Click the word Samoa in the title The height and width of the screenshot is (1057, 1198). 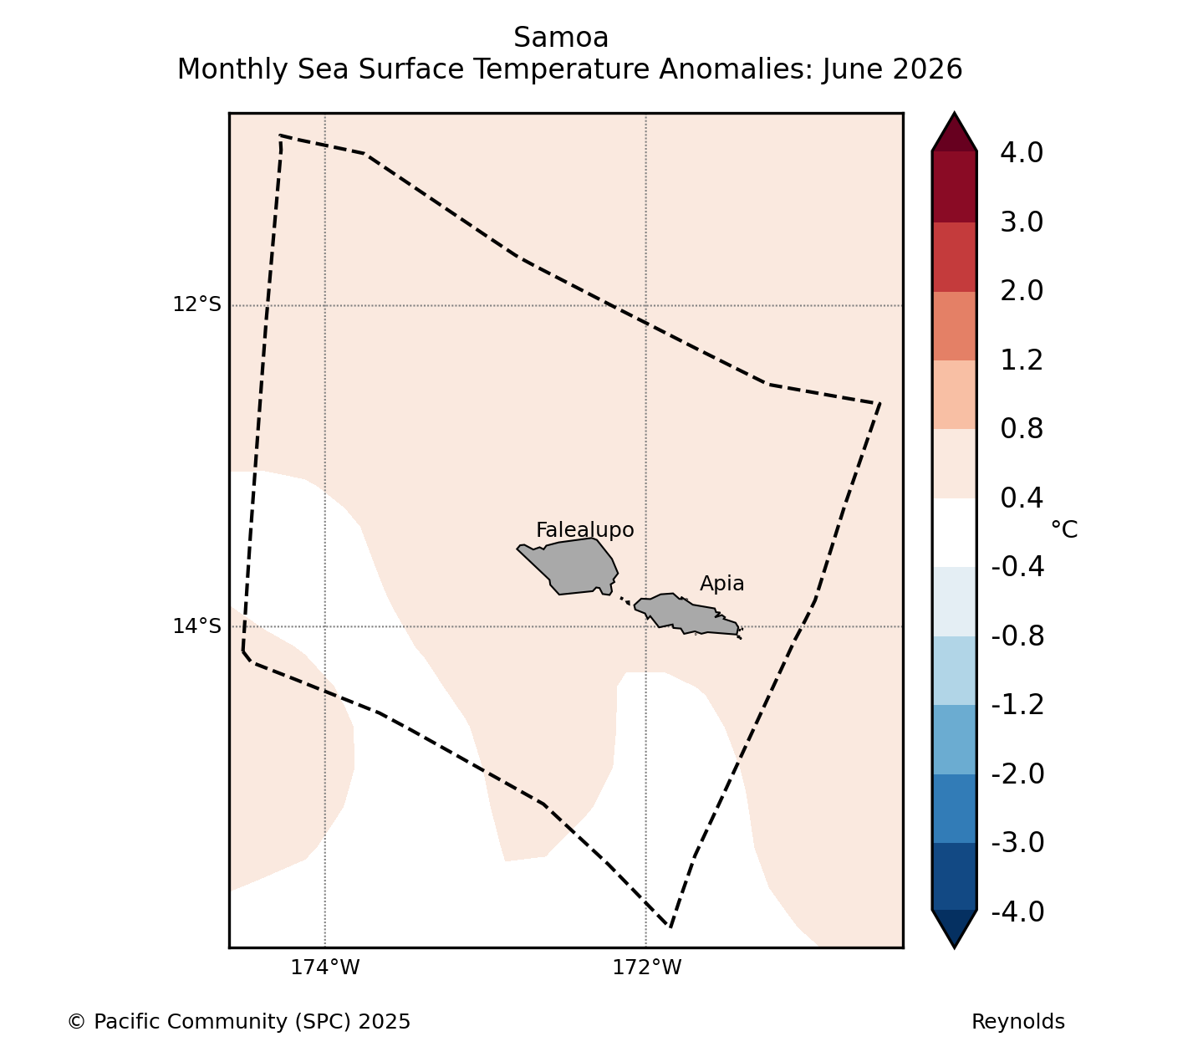tap(561, 38)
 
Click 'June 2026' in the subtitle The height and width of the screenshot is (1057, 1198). tap(892, 69)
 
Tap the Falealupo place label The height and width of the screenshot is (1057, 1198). tap(585, 530)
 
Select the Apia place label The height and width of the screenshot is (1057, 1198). tap(722, 584)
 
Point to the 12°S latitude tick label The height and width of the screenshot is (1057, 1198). tap(196, 304)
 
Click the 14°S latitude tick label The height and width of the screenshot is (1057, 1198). tap(196, 626)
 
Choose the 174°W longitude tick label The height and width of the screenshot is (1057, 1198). tap(324, 967)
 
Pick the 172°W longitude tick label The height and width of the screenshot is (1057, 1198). tap(646, 967)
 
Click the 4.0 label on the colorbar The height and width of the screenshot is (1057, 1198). tap(1022, 152)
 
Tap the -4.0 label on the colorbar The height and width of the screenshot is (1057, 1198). tap(1017, 911)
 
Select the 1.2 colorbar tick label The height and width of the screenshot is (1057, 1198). tap(1022, 360)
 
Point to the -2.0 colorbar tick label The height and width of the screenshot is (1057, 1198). tap(1017, 774)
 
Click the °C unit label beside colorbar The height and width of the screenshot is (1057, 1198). tap(1063, 529)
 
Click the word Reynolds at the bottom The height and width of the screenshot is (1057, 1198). tap(1017, 1022)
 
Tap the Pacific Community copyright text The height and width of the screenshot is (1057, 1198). tap(238, 1022)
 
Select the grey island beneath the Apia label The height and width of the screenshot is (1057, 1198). tap(688, 615)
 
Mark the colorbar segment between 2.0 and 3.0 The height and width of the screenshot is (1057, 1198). tap(954, 257)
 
